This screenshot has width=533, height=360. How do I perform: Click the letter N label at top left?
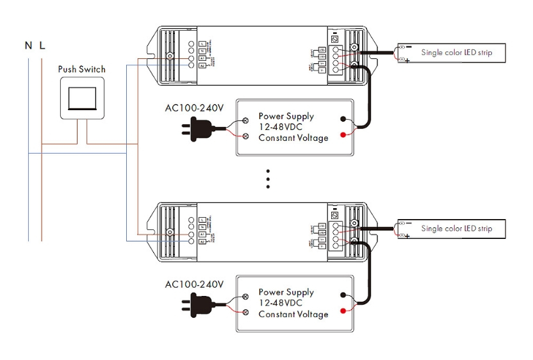click(28, 45)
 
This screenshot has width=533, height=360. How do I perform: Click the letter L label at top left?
click(42, 45)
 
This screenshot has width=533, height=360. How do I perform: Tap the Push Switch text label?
click(82, 69)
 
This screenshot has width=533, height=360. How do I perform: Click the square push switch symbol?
click(82, 98)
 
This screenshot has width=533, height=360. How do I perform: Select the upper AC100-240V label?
click(194, 108)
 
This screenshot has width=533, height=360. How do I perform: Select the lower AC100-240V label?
click(194, 284)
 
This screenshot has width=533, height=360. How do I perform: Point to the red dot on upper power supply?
click(344, 134)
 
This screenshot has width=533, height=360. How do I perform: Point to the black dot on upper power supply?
click(344, 119)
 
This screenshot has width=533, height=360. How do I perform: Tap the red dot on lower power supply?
click(344, 311)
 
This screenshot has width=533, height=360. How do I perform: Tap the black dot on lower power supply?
click(344, 295)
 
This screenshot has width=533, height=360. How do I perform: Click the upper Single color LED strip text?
click(456, 53)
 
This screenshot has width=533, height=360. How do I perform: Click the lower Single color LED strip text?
click(456, 229)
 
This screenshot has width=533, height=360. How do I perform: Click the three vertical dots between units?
click(268, 179)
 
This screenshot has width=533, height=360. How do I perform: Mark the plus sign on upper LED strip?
click(408, 61)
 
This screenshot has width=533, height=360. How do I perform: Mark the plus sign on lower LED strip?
click(408, 237)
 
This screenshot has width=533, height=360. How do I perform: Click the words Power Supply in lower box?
click(286, 292)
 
